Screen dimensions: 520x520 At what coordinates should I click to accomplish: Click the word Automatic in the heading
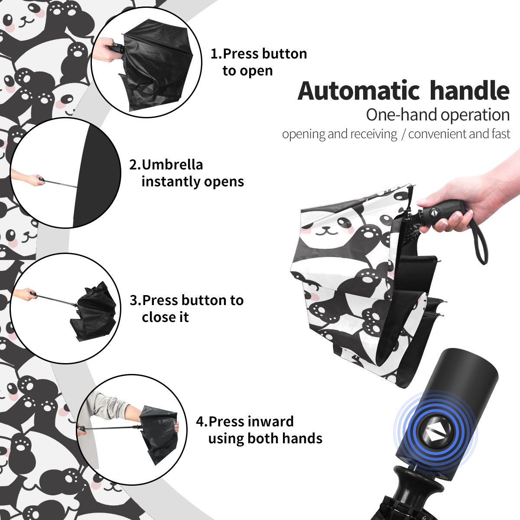point(359,91)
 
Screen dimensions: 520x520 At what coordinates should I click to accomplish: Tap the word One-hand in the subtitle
point(402,115)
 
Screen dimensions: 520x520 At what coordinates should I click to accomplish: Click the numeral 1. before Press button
point(216,54)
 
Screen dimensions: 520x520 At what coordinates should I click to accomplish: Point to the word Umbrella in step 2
point(172,165)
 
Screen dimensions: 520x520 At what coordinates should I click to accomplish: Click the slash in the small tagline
point(403,134)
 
